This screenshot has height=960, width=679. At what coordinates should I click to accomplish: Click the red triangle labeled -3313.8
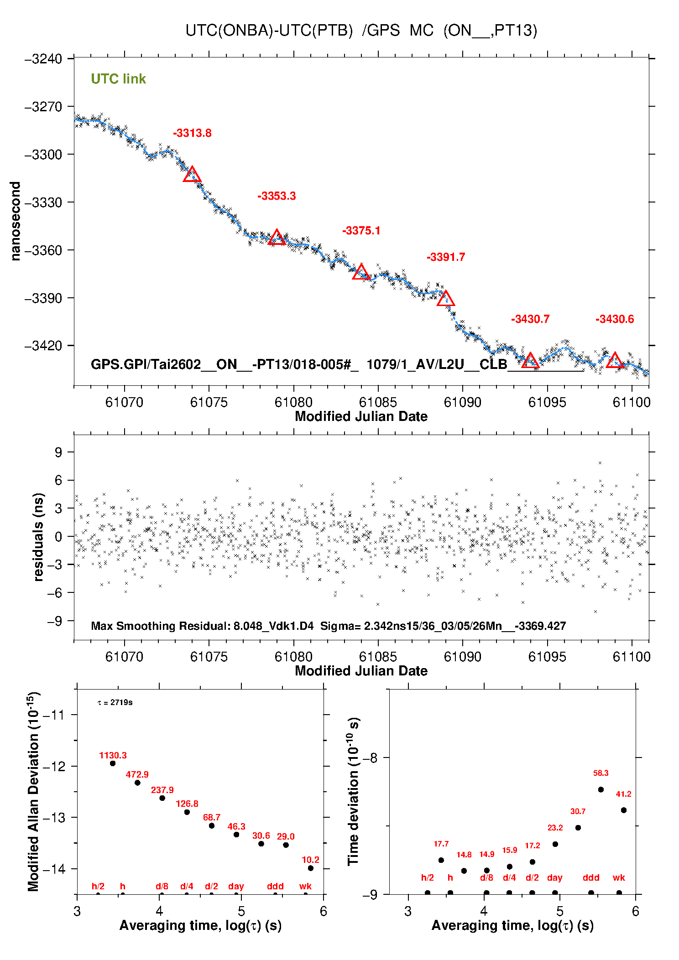tap(192, 175)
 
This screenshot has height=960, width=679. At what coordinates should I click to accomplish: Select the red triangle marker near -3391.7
tap(446, 299)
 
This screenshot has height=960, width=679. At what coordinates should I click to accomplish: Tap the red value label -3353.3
tap(277, 196)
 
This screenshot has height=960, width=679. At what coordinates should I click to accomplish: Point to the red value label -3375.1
tap(361, 231)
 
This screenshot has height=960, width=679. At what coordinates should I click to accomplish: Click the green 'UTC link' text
tap(118, 79)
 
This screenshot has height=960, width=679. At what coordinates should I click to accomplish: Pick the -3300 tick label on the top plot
tap(43, 155)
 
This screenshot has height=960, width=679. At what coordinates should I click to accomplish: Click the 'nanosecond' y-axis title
tap(16, 221)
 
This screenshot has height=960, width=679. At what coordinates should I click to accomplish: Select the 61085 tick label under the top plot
tap(378, 402)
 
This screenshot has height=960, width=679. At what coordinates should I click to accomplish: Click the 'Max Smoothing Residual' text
tap(160, 626)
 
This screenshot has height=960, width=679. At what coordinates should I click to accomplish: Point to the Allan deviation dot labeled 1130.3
tap(113, 763)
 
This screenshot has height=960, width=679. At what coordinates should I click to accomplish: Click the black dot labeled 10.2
tap(311, 868)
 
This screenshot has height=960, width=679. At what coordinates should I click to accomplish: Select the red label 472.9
tap(137, 774)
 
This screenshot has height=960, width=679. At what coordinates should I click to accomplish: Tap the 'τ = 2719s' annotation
tap(115, 702)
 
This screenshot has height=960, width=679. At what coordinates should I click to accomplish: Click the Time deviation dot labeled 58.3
tap(601, 789)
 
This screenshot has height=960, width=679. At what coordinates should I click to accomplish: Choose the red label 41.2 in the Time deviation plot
tap(623, 794)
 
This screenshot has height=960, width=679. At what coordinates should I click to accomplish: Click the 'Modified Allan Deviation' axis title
tap(33, 791)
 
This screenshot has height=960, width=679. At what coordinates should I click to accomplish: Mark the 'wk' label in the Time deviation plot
tap(619, 877)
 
